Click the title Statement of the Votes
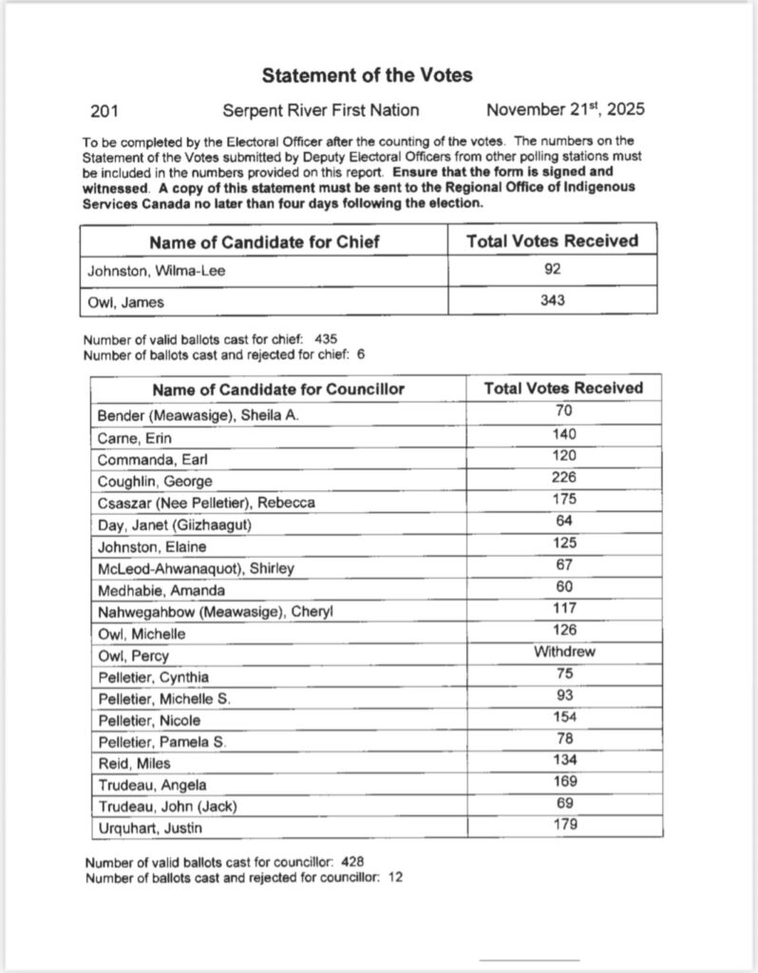367,74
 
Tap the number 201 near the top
104,110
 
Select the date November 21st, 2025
564,109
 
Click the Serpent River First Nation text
320,110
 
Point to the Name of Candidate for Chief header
264,241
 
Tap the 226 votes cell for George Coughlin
563,478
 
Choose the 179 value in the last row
563,825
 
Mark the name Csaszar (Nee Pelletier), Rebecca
206,503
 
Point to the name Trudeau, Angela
151,785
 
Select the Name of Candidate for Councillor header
278,389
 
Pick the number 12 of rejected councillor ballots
395,877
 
